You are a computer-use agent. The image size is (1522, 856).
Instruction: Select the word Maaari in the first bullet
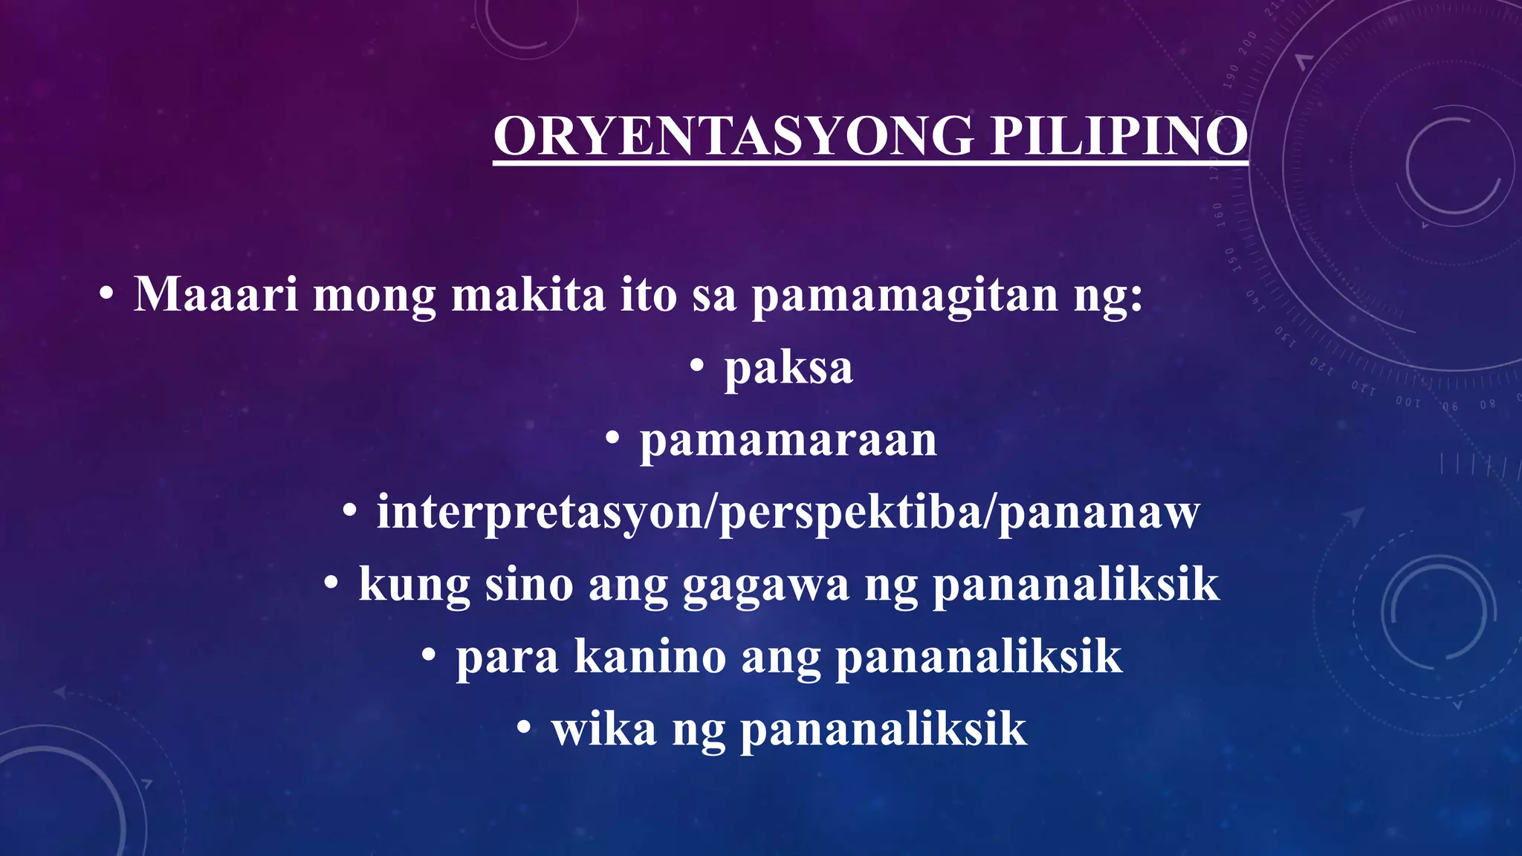pos(216,294)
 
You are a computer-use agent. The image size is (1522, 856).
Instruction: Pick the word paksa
pos(788,368)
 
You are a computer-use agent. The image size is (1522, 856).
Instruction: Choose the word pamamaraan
pos(788,440)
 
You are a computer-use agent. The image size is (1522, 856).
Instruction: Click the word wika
pos(604,729)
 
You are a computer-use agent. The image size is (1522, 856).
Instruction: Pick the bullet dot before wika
pos(525,727)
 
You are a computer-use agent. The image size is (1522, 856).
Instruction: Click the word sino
pos(529,585)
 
